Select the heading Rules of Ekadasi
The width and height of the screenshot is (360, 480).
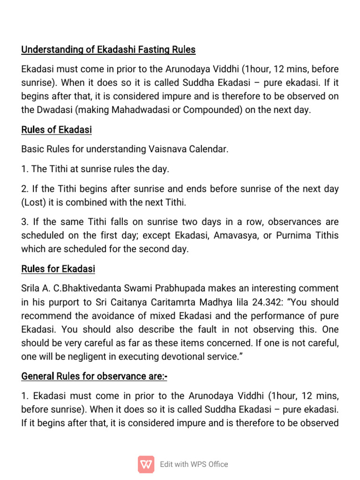pyautogui.click(x=57, y=130)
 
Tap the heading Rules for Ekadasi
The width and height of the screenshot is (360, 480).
pyautogui.click(x=58, y=269)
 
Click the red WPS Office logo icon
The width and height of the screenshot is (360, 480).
pyautogui.click(x=146, y=464)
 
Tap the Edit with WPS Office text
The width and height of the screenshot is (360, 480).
pyautogui.click(x=194, y=464)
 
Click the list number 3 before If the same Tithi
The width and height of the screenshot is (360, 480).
pyautogui.click(x=24, y=222)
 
